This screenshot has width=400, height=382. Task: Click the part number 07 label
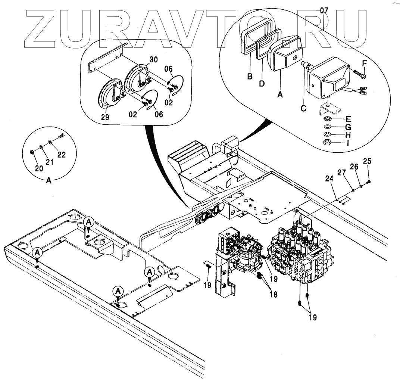[324, 10]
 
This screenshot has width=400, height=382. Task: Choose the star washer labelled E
[326, 119]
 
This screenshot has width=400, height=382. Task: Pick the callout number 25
[367, 161]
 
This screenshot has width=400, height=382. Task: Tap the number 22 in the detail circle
[62, 155]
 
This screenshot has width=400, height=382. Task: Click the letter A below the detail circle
[49, 180]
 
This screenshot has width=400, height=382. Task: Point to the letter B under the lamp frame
[250, 77]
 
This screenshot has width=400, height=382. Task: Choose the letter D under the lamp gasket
[262, 83]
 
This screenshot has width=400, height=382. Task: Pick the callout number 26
[354, 167]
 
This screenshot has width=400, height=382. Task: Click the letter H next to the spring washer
[347, 135]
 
